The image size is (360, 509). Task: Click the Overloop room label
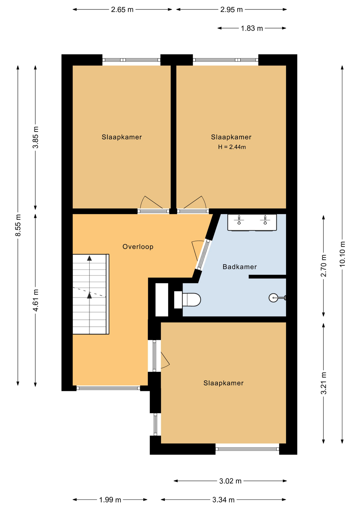[138, 247]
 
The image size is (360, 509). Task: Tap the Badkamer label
[240, 267]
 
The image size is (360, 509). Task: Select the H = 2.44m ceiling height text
[232, 147]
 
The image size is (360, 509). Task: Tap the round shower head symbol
[273, 298]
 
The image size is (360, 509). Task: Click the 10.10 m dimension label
[342, 254]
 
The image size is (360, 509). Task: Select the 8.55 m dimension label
[18, 225]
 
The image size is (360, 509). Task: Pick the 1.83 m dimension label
[252, 28]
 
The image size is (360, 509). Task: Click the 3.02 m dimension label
[230, 481]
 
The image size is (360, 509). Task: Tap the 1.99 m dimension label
[110, 500]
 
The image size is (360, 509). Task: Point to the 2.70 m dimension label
[324, 266]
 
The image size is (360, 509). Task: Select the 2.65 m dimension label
[122, 10]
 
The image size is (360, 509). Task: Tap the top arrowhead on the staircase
[90, 258]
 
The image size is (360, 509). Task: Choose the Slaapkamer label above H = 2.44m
[231, 137]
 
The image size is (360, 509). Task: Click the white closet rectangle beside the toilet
[162, 300]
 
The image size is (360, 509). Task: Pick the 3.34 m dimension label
[223, 500]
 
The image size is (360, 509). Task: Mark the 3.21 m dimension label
[324, 383]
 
